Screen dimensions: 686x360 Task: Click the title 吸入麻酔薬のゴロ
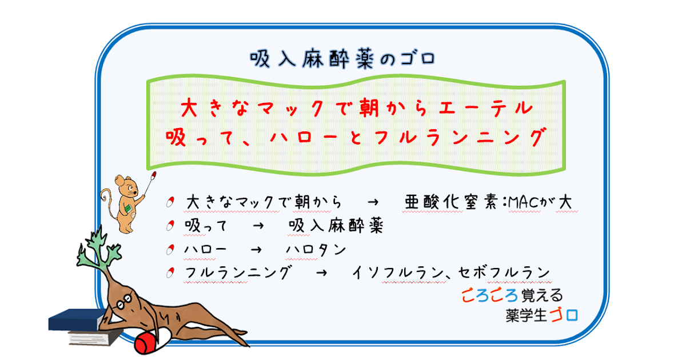[x=342, y=58]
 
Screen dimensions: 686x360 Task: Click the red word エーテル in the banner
[x=486, y=108]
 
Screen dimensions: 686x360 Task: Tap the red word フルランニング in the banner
[x=460, y=137]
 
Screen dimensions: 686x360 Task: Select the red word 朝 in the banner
[x=369, y=108]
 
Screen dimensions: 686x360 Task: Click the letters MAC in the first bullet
[x=524, y=202]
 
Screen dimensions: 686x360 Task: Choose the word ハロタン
[x=316, y=250]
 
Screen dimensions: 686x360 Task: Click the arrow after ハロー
[x=256, y=250]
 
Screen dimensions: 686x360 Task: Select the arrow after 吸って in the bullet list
[x=258, y=226]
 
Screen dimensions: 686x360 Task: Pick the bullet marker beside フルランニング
[x=170, y=273]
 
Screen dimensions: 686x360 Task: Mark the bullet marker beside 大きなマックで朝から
[x=170, y=202]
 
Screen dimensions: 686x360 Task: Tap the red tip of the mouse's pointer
[x=154, y=175]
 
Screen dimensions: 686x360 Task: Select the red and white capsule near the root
[x=151, y=341]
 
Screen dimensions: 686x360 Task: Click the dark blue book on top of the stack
[x=77, y=320]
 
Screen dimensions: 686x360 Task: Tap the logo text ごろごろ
[x=489, y=296]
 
